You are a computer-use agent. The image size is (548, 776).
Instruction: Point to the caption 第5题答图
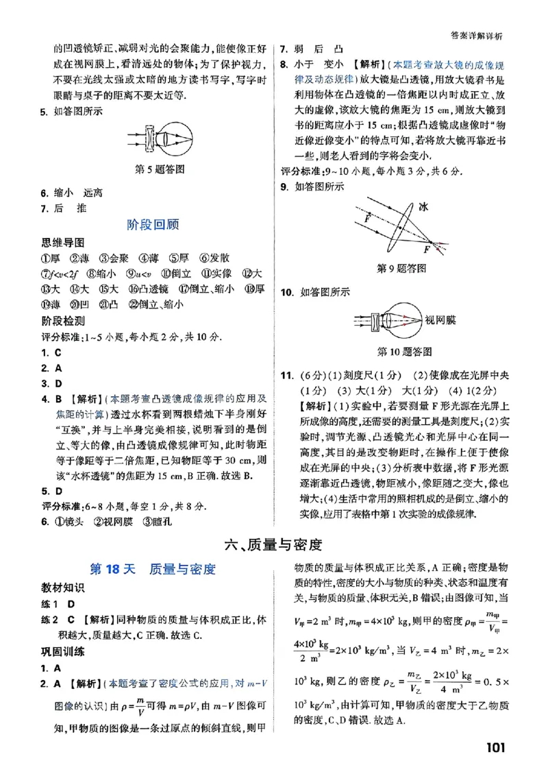pyautogui.click(x=159, y=169)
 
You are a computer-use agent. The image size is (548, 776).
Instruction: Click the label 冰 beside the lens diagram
pyautogui.click(x=424, y=206)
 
